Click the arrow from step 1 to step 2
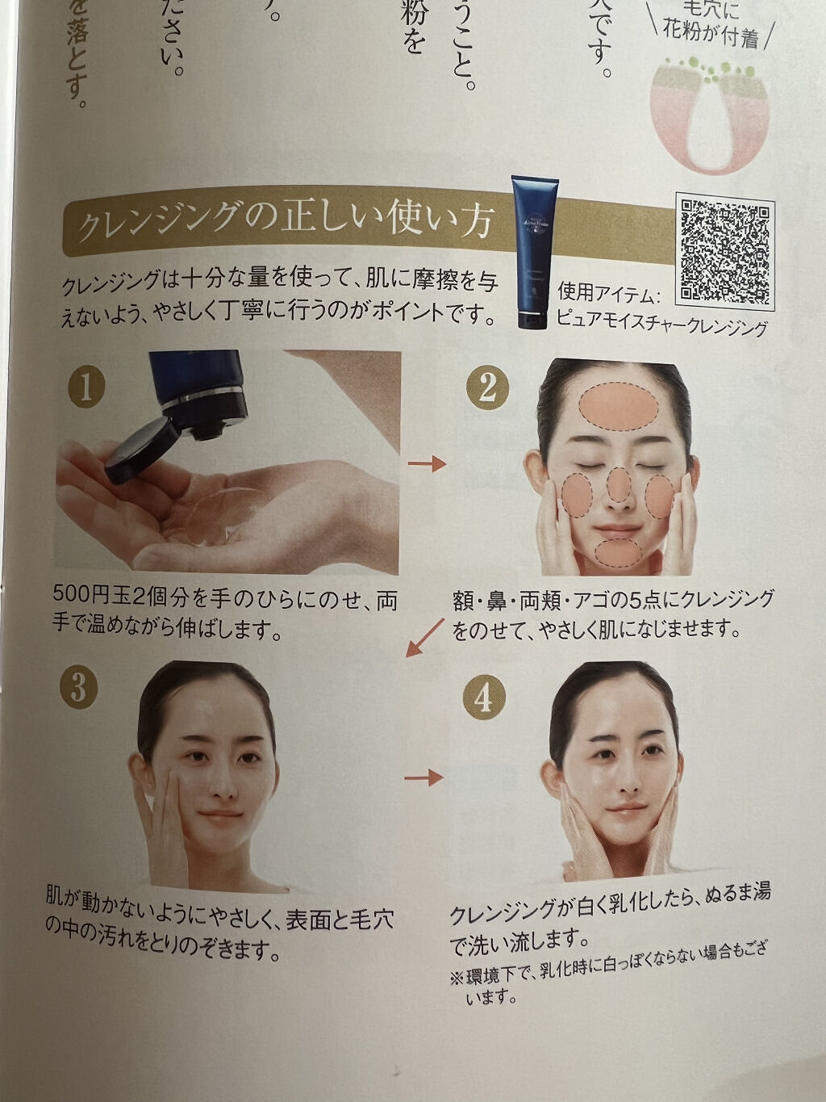[x=427, y=463]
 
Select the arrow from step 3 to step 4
[x=423, y=777]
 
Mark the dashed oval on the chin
[x=618, y=553]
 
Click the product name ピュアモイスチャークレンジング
[x=661, y=327]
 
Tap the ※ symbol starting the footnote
[x=457, y=976]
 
